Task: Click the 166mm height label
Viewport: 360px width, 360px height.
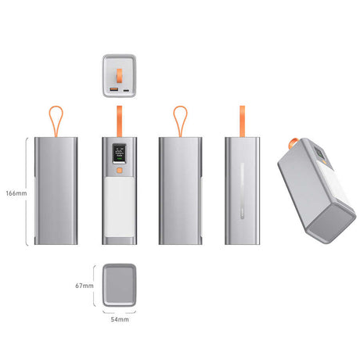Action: (x=15, y=193)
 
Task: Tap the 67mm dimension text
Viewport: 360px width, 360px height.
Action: (x=84, y=286)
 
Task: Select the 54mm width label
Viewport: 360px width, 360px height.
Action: (x=119, y=320)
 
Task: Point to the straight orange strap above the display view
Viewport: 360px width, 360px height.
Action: (x=119, y=119)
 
